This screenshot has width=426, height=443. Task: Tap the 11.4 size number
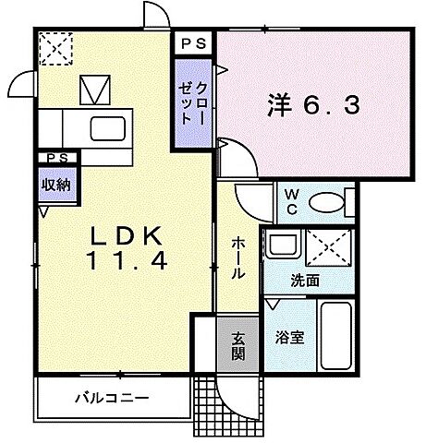click(x=128, y=262)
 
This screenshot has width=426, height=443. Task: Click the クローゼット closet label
click(x=193, y=101)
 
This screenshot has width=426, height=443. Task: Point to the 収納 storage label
click(x=55, y=184)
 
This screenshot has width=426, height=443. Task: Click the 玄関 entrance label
click(x=237, y=344)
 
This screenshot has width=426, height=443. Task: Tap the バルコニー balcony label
click(x=112, y=399)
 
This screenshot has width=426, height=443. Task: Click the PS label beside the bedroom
click(x=193, y=42)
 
